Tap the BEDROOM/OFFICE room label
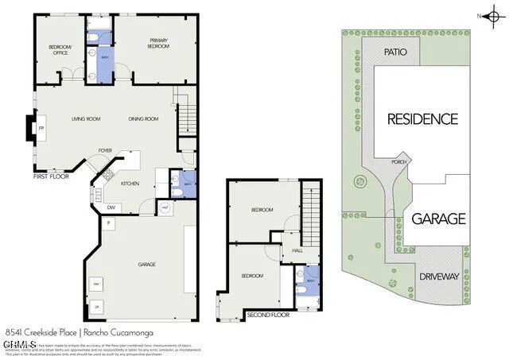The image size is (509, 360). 60,50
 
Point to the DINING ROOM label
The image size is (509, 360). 144,119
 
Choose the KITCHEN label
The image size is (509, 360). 130,184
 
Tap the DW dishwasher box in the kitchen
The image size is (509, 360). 111,208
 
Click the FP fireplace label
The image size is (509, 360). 42,127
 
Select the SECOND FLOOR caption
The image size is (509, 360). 267,315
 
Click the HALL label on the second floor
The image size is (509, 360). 297,250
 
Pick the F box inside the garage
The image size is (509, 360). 108,224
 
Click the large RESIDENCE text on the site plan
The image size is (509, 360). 422,119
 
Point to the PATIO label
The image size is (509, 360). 395,52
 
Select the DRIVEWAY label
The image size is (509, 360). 439,277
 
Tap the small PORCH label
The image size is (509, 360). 400,162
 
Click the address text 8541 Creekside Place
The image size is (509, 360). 37,332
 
